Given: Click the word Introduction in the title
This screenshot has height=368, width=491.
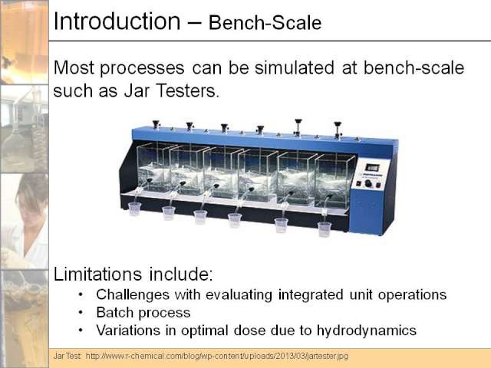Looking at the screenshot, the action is tap(117, 21).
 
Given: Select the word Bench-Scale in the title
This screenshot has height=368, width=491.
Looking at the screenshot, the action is tap(265, 22).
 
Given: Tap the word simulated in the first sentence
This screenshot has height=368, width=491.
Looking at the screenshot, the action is tap(295, 67).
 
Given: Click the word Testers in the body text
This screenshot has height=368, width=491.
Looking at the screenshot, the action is tap(186, 90).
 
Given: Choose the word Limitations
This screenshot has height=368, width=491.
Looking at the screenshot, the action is tap(97, 274).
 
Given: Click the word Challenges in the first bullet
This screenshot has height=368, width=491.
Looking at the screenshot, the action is tap(133, 294).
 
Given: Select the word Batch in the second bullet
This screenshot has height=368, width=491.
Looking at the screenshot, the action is tap(114, 312).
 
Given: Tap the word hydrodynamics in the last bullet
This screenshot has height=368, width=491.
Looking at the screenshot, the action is tap(367, 330).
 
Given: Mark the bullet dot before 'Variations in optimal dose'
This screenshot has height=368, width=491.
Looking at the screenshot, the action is tap(81, 330).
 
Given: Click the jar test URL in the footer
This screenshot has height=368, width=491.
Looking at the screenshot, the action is tap(216, 356).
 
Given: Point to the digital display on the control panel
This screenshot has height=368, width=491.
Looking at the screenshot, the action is tap(372, 167).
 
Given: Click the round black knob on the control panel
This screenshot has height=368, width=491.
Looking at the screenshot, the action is tap(368, 183).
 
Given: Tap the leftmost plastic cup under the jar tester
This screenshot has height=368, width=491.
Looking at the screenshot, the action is tap(135, 209).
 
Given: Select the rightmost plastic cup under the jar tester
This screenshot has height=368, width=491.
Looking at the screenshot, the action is tap(325, 229).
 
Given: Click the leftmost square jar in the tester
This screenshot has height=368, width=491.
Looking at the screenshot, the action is tap(154, 167).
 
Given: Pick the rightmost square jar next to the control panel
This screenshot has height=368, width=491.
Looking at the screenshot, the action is tap(334, 182).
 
